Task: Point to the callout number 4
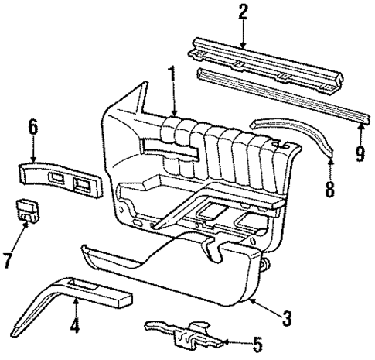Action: click(x=74, y=327)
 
